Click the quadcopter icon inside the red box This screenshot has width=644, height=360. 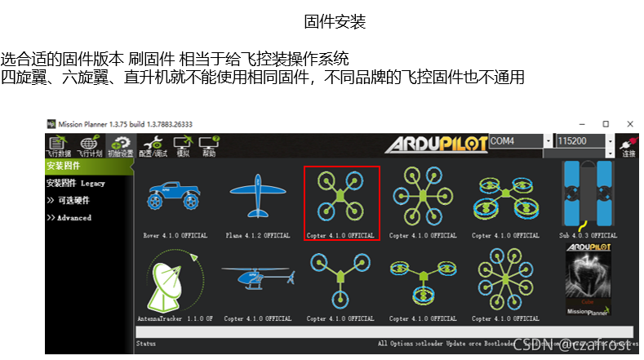pyautogui.click(x=341, y=197)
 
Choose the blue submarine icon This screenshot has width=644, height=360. pyautogui.click(x=587, y=193)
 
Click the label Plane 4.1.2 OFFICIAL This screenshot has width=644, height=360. pyautogui.click(x=257, y=236)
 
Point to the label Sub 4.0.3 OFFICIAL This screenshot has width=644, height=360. pyautogui.click(x=587, y=236)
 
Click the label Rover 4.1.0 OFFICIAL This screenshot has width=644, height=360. pyautogui.click(x=174, y=236)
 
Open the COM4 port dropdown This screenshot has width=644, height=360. pyautogui.click(x=520, y=141)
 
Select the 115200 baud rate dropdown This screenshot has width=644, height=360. pyautogui.click(x=584, y=141)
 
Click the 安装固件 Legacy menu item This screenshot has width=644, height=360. pyautogui.click(x=76, y=184)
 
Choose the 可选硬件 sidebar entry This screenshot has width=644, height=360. pyautogui.click(x=73, y=201)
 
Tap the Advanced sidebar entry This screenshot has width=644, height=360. pyautogui.click(x=73, y=218)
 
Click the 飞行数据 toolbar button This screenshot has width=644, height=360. pyautogui.click(x=57, y=146)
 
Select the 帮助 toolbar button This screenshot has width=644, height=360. pyautogui.click(x=209, y=146)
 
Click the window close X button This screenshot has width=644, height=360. pyautogui.click(x=628, y=124)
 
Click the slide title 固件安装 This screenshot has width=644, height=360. pyautogui.click(x=335, y=22)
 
